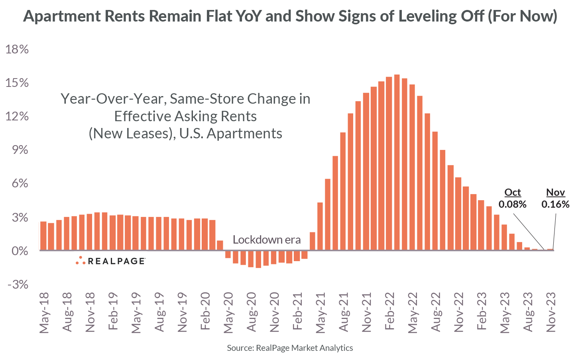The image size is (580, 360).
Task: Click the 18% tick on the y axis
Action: [x=16, y=49]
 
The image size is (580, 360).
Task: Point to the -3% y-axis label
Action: [x=16, y=285]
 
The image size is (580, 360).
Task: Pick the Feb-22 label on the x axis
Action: [x=389, y=313]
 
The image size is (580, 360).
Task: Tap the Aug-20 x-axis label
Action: [x=251, y=313]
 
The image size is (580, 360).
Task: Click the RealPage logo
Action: [x=110, y=261]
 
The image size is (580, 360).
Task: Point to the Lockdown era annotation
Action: [x=267, y=240]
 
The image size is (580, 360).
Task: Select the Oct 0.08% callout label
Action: [x=513, y=198]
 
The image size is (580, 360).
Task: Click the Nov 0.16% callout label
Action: [x=555, y=198]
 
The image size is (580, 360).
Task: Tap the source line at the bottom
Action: [x=290, y=348]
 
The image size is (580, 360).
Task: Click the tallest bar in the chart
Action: [x=397, y=163]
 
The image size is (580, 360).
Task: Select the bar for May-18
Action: [x=43, y=236]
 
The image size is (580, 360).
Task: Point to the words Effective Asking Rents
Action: [x=185, y=116]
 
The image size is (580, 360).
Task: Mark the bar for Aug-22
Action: [x=435, y=191]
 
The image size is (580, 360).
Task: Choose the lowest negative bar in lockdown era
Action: [x=258, y=259]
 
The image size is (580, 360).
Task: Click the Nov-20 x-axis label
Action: [x=274, y=313]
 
